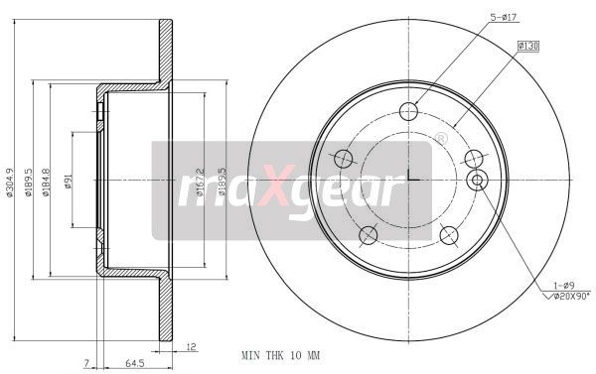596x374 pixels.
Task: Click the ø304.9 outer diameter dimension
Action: [9, 183]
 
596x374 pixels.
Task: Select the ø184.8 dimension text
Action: [46, 183]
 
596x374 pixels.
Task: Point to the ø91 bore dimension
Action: [68, 182]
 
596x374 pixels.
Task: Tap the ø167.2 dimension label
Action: [200, 182]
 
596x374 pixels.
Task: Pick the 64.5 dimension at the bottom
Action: [135, 363]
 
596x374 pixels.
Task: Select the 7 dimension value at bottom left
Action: [87, 363]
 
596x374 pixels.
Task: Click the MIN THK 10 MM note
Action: [281, 355]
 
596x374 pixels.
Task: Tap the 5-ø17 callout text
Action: [504, 17]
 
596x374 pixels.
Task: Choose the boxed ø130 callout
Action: [528, 46]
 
